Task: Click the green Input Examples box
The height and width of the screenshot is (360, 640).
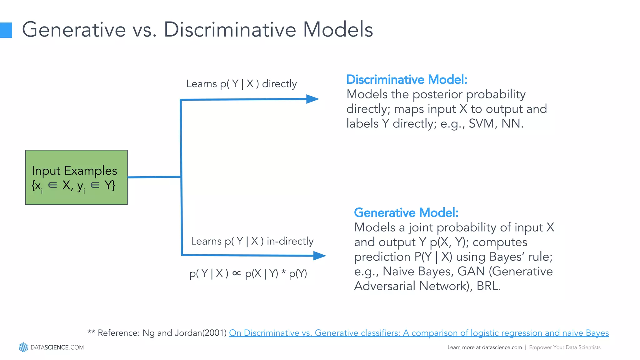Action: click(76, 177)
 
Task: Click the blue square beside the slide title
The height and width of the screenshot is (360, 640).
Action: click(6, 30)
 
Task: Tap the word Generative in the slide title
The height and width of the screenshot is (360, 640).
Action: click(74, 30)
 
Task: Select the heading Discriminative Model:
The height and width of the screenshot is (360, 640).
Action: click(407, 79)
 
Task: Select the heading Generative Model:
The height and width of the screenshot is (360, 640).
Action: click(406, 212)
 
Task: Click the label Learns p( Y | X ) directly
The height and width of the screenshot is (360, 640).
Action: click(241, 84)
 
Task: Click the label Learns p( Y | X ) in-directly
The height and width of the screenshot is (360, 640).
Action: click(252, 241)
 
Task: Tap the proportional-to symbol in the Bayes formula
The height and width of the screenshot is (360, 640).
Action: click(237, 273)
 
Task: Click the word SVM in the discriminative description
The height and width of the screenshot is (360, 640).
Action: click(481, 123)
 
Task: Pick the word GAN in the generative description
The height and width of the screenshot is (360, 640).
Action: click(471, 271)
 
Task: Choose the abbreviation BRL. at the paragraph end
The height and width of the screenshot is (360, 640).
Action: click(488, 286)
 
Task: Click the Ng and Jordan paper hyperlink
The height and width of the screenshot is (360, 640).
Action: click(419, 333)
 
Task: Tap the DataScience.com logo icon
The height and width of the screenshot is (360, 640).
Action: click(23, 347)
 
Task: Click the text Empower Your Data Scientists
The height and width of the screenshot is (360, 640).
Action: click(565, 347)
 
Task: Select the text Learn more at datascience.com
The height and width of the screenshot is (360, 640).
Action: click(484, 347)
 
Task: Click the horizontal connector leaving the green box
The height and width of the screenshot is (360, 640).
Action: click(154, 177)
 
